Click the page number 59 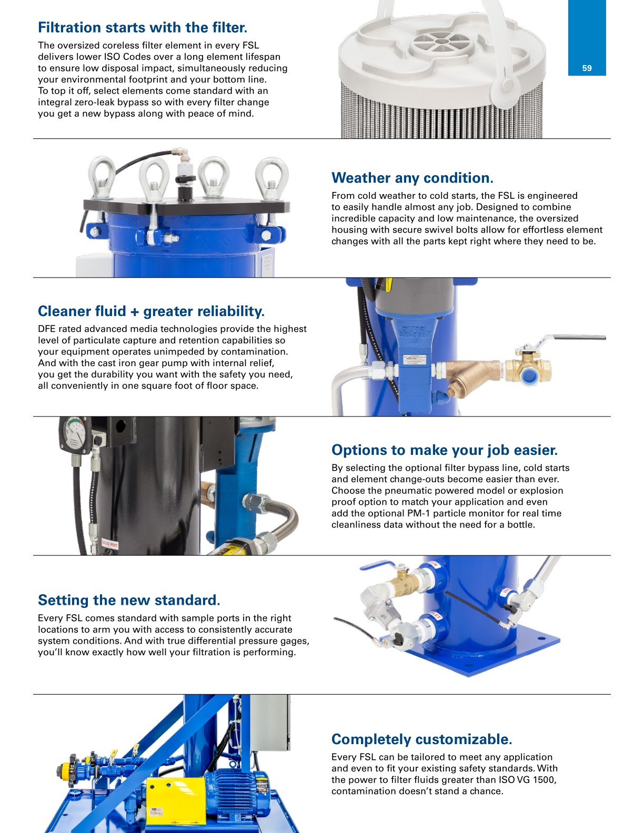587,68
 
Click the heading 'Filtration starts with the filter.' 143,27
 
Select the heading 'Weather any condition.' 412,178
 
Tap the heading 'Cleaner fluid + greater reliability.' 151,311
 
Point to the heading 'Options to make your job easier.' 445,450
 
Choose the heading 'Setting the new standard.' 129,601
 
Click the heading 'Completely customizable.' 422,739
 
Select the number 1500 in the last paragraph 544,780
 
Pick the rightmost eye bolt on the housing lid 271,177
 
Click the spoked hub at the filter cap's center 442,42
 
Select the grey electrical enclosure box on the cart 269,722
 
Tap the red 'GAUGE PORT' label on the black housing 109,544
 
